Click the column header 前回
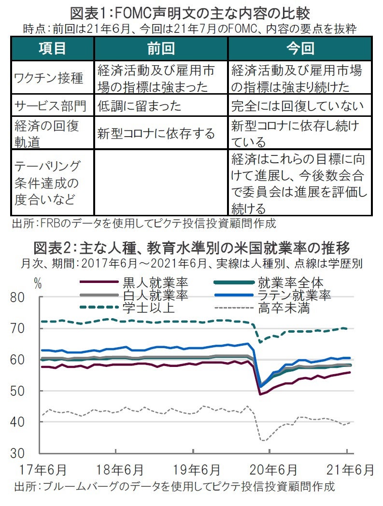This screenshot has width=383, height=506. [161, 48]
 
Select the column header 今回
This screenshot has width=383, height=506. [300, 48]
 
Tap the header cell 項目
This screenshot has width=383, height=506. [52, 48]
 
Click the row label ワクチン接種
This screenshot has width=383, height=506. [49, 78]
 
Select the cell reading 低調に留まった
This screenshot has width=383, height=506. [140, 105]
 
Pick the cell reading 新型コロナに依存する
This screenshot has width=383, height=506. [156, 133]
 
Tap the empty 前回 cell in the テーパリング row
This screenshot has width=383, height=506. [161, 183]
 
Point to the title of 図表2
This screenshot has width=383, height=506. [191, 250]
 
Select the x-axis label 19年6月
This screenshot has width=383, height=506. [194, 469]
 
